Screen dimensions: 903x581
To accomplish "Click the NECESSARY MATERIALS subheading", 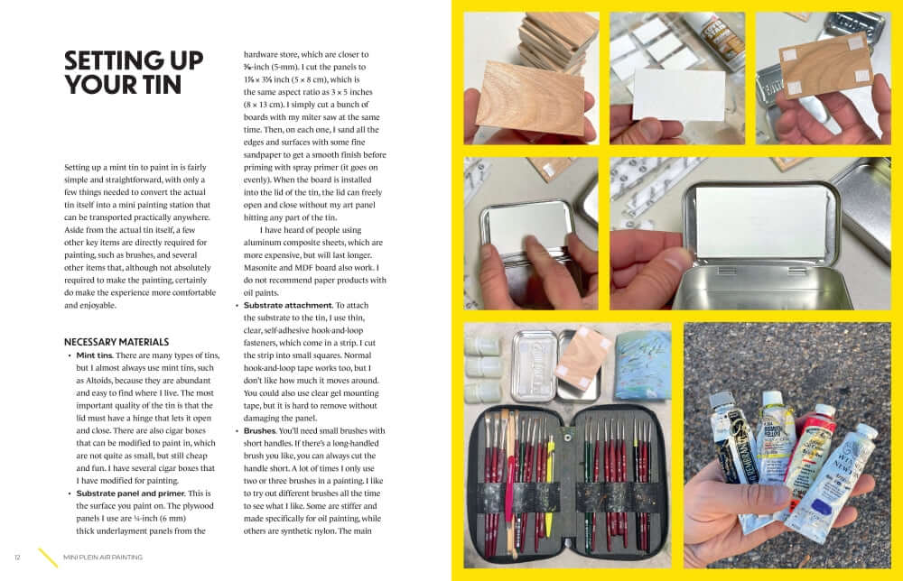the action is (116, 342).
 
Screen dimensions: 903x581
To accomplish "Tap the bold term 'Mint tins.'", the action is (95, 355).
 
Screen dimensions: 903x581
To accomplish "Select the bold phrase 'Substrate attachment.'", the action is (288, 306).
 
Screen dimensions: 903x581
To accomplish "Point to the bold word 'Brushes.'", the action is (260, 431).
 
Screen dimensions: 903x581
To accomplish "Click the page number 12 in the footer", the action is (17, 558).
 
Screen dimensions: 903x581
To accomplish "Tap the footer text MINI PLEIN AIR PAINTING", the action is (103, 558).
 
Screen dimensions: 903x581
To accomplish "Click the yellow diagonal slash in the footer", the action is (48, 558).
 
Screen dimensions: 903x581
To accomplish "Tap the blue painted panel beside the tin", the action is (642, 366).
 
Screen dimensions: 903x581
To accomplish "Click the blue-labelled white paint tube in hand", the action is (833, 484).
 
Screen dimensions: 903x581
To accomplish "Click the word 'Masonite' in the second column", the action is (262, 268).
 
